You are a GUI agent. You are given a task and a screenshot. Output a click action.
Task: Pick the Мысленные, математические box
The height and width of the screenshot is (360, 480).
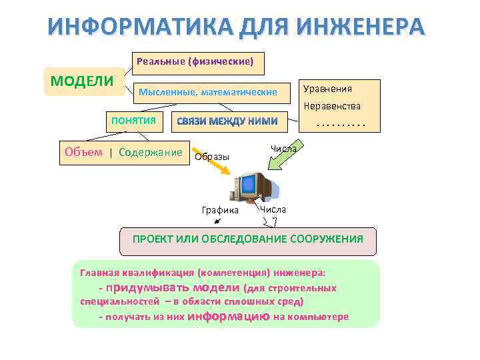[x=207, y=92]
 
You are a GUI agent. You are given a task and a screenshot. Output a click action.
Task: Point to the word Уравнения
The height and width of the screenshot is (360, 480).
[x=327, y=89]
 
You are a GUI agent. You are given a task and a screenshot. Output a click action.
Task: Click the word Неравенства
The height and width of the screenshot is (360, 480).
[x=332, y=106]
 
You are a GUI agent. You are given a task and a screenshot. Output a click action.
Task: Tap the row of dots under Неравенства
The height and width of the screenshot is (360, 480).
[x=341, y=123]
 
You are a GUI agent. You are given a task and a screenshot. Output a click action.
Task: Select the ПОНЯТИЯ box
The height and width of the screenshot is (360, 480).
[x=133, y=121]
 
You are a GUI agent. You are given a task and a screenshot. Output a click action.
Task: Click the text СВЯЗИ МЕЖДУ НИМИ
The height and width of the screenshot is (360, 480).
[x=226, y=121]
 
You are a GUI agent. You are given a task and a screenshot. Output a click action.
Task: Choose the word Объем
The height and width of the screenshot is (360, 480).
[x=83, y=152]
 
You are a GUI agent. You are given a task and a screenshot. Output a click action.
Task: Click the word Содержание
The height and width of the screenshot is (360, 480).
[x=150, y=152]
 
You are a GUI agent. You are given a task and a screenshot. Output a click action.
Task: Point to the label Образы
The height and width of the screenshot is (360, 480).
[x=211, y=157]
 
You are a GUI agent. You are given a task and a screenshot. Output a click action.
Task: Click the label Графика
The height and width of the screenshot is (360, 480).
[x=220, y=210]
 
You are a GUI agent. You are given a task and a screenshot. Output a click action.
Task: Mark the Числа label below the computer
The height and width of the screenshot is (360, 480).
[x=273, y=209]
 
